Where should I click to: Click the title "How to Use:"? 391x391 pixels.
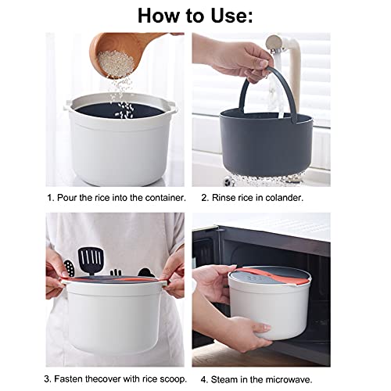tap(195, 16)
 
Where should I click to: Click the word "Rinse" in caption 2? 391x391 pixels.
tap(227, 198)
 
